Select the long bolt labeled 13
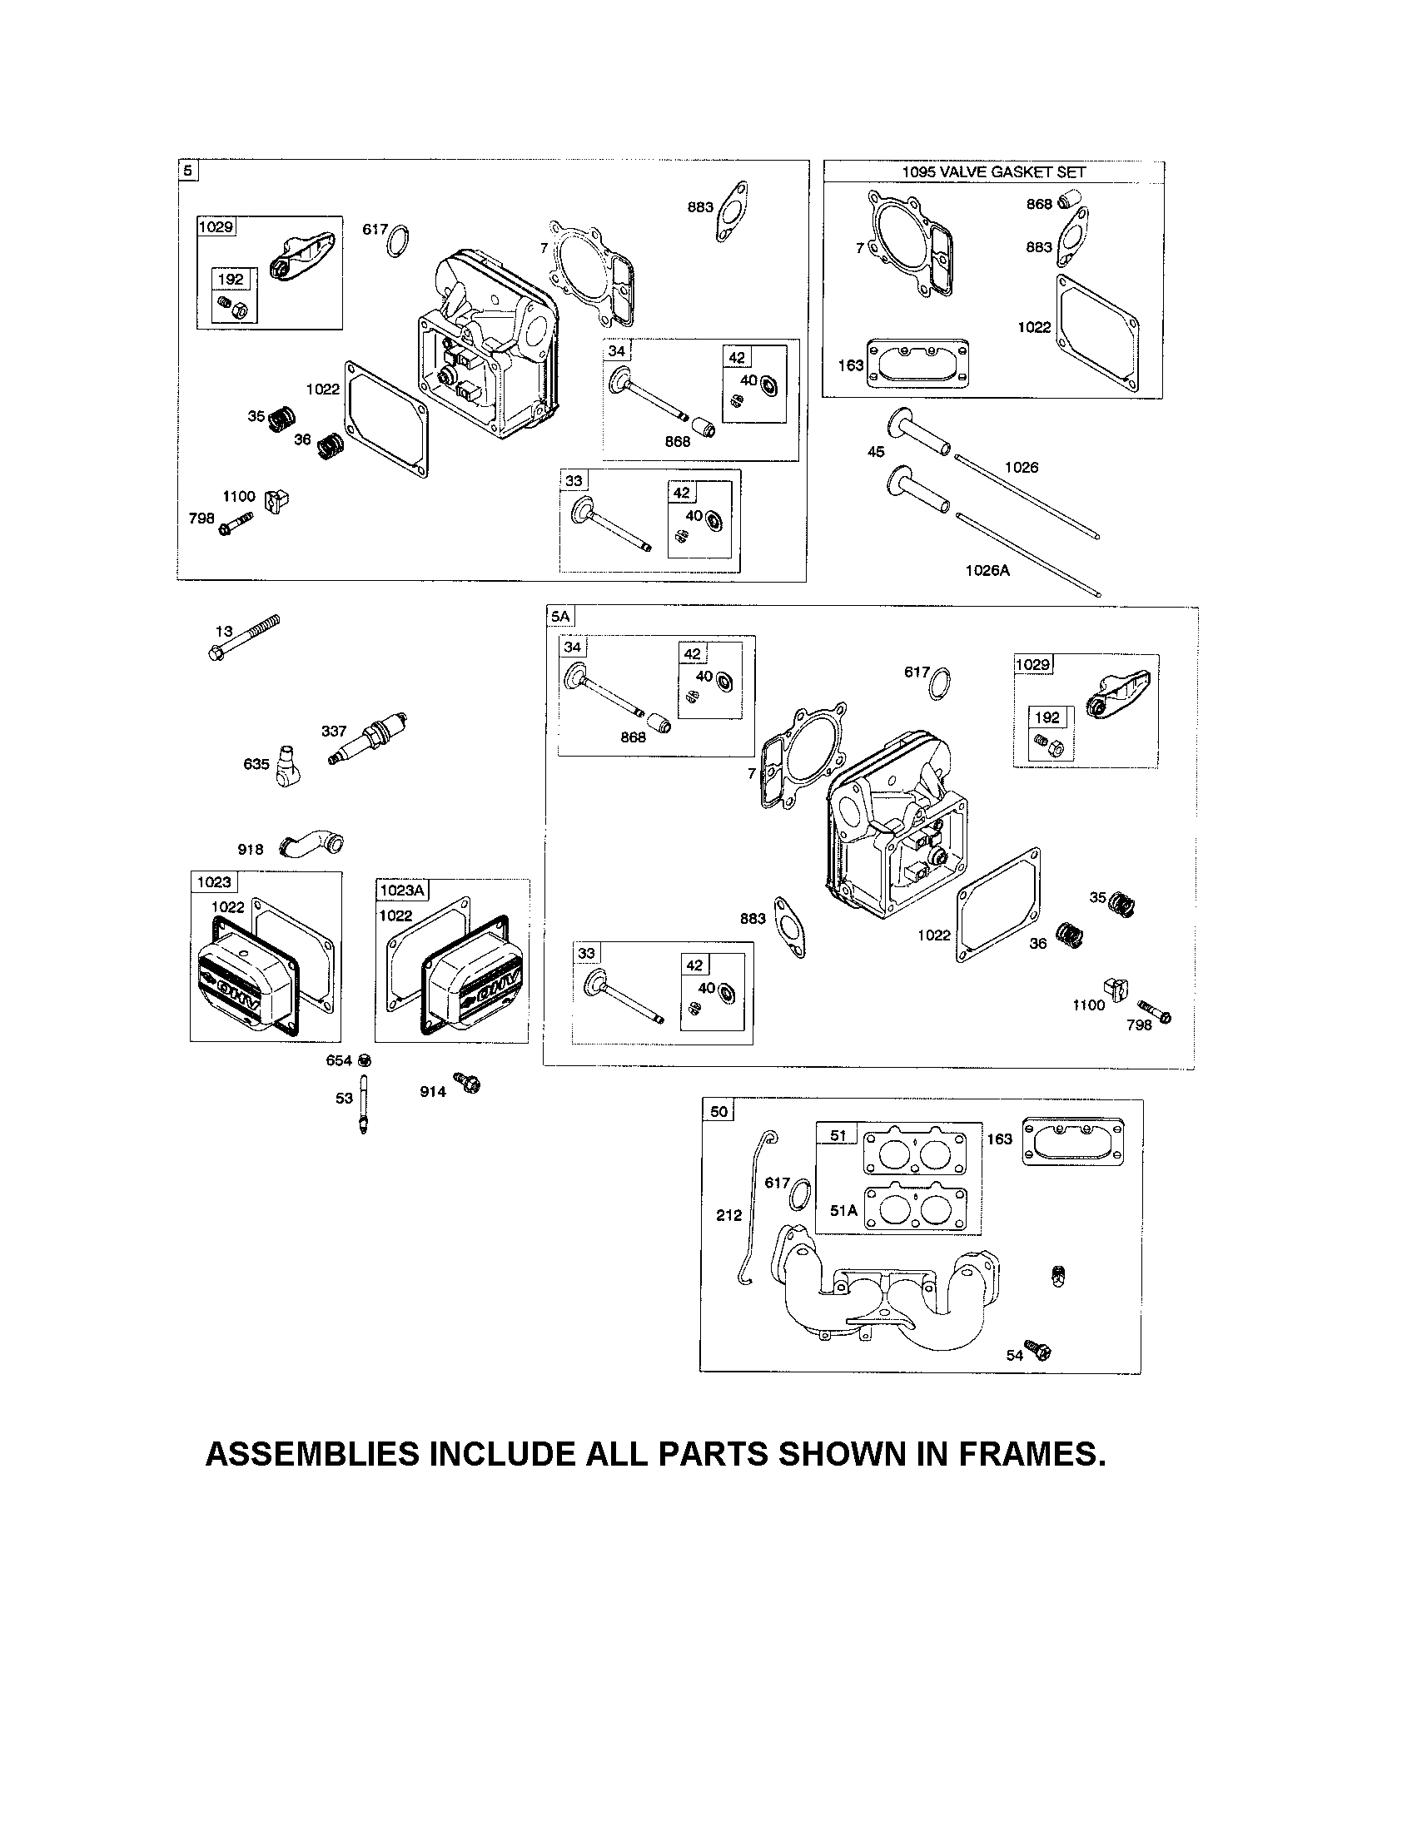coord(243,638)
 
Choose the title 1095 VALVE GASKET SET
coord(993,172)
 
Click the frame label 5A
coord(560,616)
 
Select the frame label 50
coord(719,1112)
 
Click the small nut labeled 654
coord(364,1059)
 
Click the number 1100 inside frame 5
coord(239,496)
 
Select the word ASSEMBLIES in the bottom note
coord(312,1455)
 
